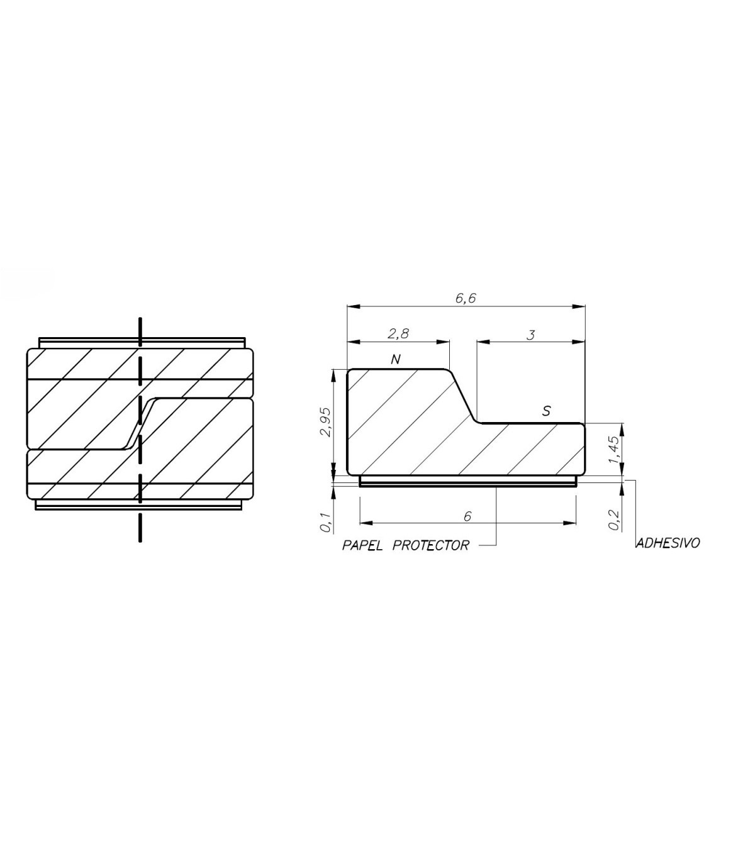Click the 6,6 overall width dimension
click(466, 298)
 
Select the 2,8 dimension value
click(398, 333)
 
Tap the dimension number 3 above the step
click(531, 335)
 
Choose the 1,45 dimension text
click(615, 450)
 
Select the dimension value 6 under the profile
click(467, 516)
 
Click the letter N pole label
click(395, 359)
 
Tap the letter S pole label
click(546, 411)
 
